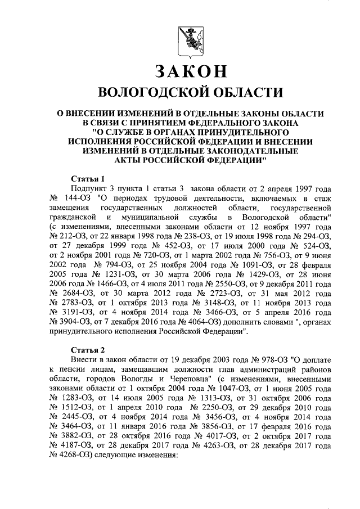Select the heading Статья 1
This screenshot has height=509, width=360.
click(x=88, y=178)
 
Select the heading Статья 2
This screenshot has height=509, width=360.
click(x=88, y=348)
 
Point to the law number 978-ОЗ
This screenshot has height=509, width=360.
click(x=266, y=358)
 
